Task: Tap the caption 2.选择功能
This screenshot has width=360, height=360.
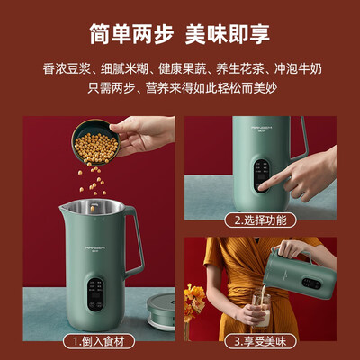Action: [x=261, y=219]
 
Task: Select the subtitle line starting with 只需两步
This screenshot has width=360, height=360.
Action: [x=180, y=91]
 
